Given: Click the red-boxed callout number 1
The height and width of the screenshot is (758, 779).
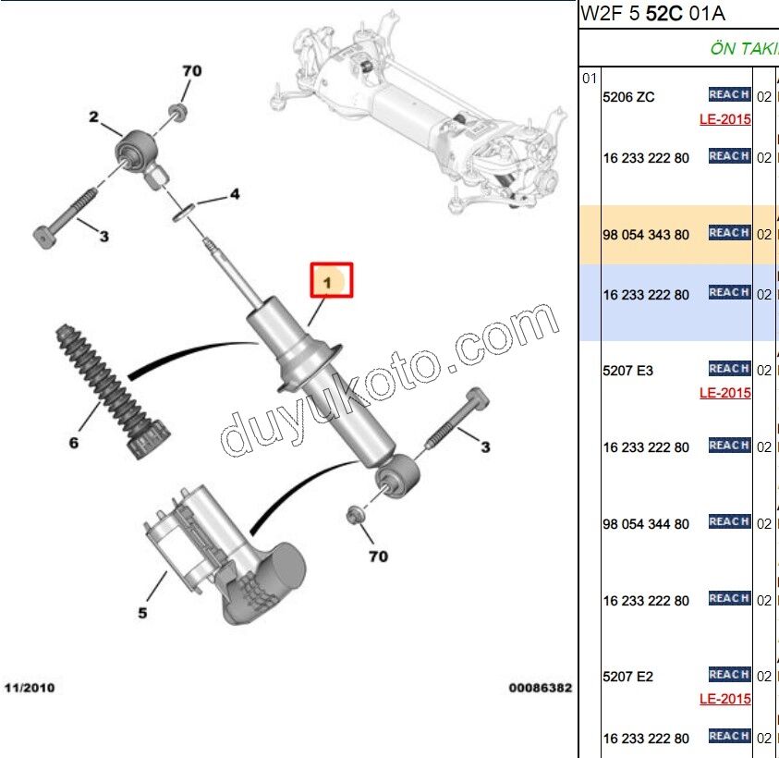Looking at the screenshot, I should coord(331,281).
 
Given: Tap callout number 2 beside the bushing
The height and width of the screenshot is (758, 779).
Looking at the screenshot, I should coord(93,116).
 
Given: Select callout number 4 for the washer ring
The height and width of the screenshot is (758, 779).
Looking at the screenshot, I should coord(235,194).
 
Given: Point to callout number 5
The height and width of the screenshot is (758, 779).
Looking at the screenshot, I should coord(142,612).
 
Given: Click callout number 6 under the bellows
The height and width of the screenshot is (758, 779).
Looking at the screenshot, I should coord(74,442).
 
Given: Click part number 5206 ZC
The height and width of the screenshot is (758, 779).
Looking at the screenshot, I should coord(628,96).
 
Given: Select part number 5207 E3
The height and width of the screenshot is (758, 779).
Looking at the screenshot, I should coord(628,371).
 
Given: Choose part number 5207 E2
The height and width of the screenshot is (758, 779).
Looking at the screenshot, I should coord(628,677).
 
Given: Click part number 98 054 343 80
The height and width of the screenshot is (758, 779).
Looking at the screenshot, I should coord(646,235).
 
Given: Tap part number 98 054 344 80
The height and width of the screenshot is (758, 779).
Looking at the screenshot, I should coord(646,524).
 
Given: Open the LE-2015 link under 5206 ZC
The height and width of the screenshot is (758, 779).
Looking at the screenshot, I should coord(724,119).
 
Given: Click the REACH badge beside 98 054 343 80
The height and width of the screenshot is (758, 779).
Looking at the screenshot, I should coord(728,233).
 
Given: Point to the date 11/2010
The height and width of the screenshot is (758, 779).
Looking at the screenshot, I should coord(30,689).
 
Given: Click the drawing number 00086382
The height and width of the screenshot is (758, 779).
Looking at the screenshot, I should coord(540,689).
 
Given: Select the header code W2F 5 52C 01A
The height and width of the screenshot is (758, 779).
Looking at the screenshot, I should coord(651,14).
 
